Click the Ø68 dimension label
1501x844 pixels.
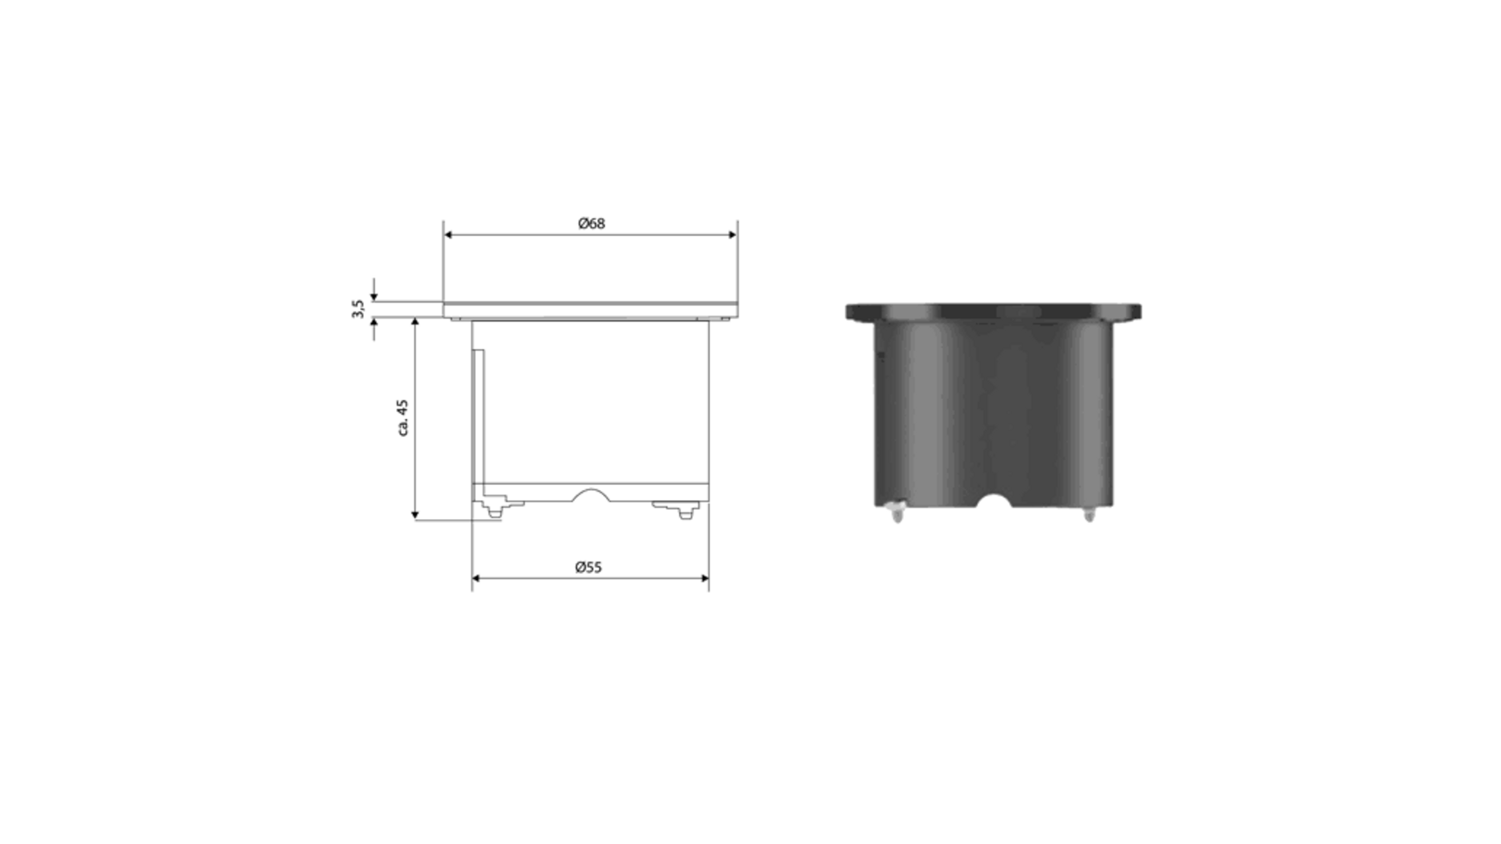pos(591,223)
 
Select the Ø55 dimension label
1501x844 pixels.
pos(588,567)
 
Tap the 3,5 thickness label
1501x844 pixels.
pos(357,309)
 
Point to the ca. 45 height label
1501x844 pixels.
pos(403,418)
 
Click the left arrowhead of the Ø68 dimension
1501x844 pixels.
pos(448,235)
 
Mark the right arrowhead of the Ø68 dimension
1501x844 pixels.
pos(732,235)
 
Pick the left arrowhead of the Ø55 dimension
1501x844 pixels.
pos(477,578)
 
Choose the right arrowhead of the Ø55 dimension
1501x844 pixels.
pos(704,578)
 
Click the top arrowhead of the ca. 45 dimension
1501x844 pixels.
pos(415,323)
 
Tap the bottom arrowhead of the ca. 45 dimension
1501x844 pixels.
pos(415,515)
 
